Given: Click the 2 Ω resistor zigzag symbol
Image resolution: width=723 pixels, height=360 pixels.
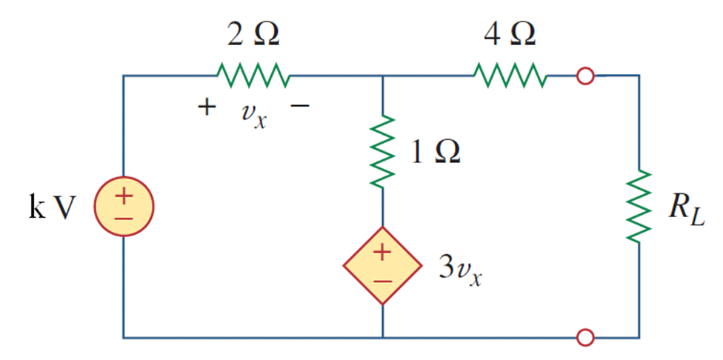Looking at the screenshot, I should pos(253,75).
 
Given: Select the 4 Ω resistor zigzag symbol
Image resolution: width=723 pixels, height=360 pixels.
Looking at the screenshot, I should pos(510,75).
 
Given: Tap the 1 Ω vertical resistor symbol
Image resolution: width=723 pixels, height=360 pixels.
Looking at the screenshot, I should pos(382,152).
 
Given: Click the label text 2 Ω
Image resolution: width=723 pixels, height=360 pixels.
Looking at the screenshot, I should pos(253,34).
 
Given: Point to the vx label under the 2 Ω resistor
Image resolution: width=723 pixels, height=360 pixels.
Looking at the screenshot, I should pos(253,116).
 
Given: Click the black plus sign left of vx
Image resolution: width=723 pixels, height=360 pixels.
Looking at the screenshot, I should pos(207,108).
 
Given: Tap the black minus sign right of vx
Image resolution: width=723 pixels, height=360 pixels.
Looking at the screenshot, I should pos(300,107).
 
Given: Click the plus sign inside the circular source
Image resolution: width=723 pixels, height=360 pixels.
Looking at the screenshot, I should pos(123,198).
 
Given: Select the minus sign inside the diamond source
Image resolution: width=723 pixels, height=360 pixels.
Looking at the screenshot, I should pos(382,281).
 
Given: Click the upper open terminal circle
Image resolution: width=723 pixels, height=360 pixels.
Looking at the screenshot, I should pos(585,76).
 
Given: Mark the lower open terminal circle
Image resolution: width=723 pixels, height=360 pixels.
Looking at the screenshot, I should pos(585,338).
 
